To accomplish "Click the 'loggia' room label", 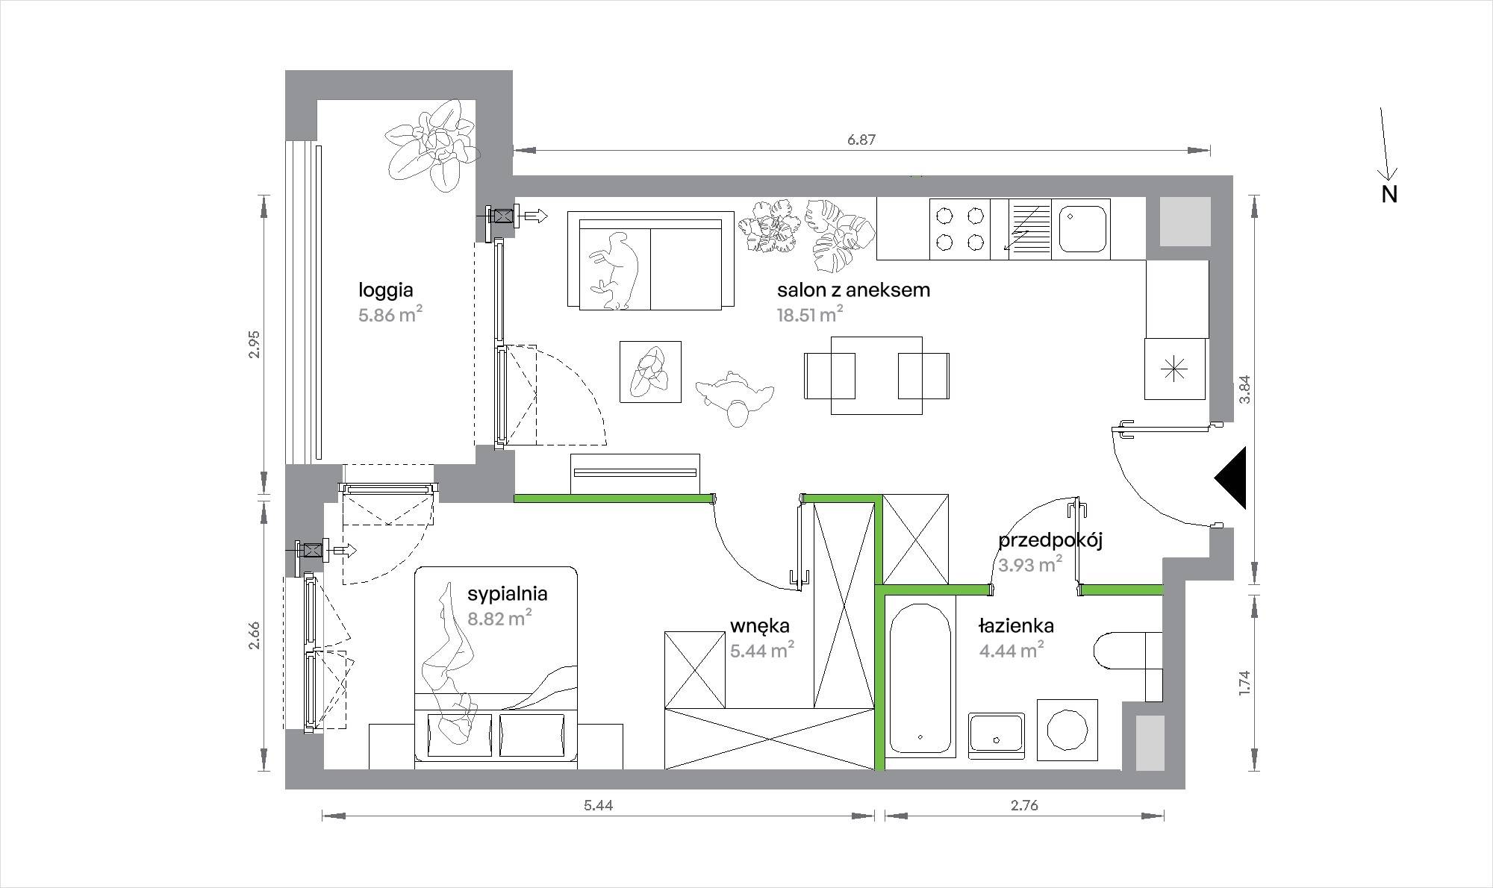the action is (386, 290).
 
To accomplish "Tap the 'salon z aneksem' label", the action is (853, 290).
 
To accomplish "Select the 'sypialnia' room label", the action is (508, 593).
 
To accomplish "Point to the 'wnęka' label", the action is (760, 626).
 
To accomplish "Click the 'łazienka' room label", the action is (1016, 626).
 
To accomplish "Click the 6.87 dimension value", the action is (861, 140).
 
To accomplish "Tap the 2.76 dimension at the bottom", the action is (1024, 805).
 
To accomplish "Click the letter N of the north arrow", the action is (1389, 194).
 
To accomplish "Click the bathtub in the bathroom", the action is (920, 676).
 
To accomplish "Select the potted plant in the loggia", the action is (431, 152).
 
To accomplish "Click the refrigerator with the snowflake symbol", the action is (1176, 369).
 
